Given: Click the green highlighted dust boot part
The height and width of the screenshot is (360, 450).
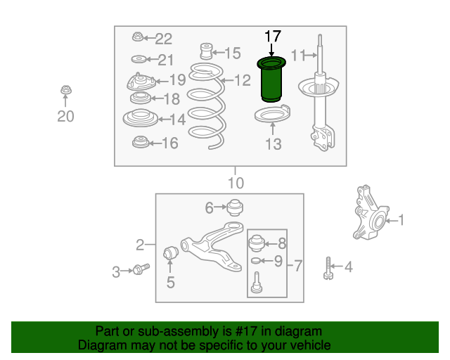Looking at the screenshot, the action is coord(271,79).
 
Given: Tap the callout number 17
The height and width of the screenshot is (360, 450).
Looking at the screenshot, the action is coord(273,37).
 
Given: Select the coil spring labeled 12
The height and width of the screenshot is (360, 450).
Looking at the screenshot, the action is coord(207,106).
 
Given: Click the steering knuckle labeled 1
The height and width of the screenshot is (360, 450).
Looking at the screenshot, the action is coord(371,212).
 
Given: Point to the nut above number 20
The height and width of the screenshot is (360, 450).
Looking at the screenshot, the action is coord(66,90).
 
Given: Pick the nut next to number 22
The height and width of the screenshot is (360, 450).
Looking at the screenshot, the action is coord(138,37).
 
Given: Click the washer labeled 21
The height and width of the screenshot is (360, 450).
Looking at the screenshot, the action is coord(139,60).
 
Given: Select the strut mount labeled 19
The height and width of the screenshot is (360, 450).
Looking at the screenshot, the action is coord(141,82).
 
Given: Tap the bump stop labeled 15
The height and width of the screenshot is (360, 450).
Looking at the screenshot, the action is coord(206,51).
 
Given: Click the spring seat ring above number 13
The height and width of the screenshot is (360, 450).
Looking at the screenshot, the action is coord(272,114).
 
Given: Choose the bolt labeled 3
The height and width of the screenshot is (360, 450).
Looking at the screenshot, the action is coord(141,269).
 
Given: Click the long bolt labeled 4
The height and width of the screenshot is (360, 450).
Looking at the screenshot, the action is coord(328,269).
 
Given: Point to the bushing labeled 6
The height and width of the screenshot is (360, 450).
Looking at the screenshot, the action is coord(235,207).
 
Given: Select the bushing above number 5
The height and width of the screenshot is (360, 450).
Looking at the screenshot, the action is coord(170,252).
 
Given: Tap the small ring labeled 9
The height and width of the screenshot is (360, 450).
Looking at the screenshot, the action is coord(255,261).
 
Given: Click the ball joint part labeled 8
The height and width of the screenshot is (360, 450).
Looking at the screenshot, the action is coord(256,243).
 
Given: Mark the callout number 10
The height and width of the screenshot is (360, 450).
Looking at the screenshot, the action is coord(236,183).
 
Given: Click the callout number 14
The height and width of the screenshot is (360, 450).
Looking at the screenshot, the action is coord(178,120).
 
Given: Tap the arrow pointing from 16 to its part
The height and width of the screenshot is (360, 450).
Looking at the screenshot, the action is coord(155,143).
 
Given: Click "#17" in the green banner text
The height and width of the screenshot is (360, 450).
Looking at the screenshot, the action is coord(245,331).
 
